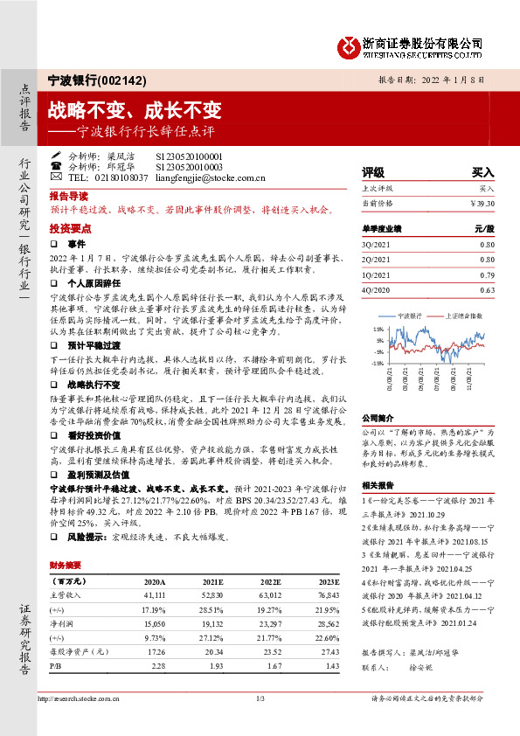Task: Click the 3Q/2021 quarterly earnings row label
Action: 378,246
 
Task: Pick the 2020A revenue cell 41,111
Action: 154,595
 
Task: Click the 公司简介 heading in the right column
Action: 378,418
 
